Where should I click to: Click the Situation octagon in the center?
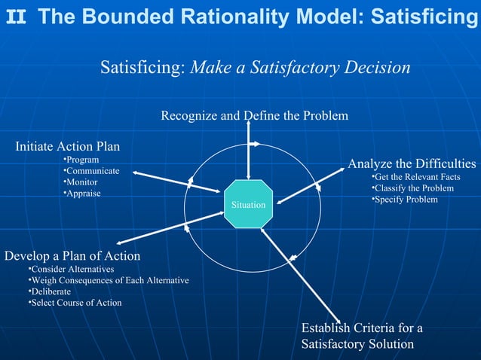[x=248, y=204]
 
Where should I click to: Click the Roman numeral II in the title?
[x=15, y=16]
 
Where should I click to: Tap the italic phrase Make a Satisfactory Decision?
[x=301, y=69]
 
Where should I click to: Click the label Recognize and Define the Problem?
[x=254, y=115]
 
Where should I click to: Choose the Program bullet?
[x=81, y=160]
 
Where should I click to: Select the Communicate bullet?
[x=90, y=172]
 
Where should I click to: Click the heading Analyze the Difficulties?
[x=412, y=163]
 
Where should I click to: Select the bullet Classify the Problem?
[x=412, y=188]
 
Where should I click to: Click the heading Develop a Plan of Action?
[x=72, y=255]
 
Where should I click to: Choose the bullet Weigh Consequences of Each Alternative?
[x=108, y=280]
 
